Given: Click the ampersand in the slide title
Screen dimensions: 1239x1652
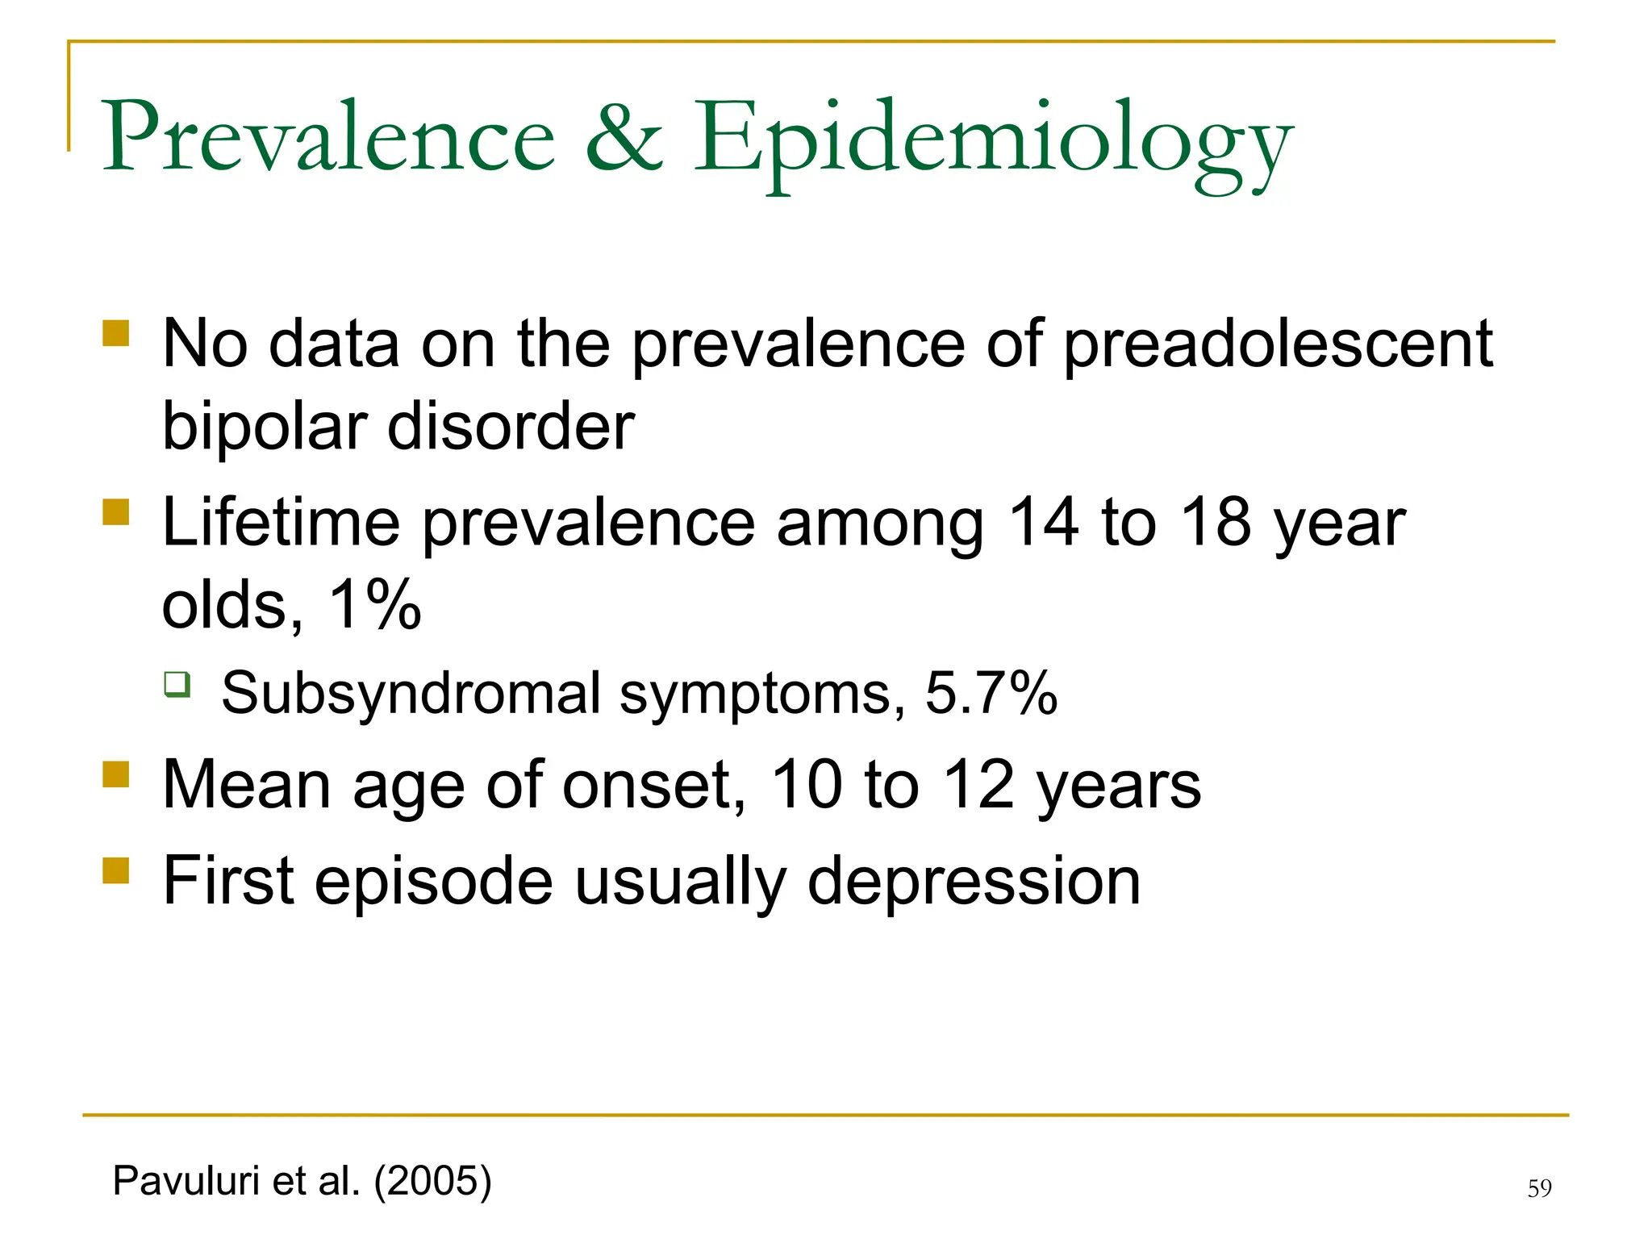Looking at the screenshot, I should (x=623, y=137).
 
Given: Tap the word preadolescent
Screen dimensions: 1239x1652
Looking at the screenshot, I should (x=1278, y=345).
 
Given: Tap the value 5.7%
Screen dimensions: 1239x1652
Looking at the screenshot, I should (x=991, y=693).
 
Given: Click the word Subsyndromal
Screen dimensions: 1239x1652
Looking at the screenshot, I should (x=411, y=694).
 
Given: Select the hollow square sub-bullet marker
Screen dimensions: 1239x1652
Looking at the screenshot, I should (x=177, y=684).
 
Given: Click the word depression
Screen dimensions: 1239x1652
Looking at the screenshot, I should (x=974, y=882).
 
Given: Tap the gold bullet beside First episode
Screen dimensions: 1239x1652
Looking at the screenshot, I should (x=116, y=870).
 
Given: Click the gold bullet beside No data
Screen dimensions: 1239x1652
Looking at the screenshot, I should (x=116, y=333).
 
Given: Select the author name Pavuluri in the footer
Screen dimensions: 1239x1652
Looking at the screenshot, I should (x=187, y=1181).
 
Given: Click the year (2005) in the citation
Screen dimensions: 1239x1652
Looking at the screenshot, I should (x=432, y=1181).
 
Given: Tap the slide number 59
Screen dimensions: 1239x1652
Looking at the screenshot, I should (x=1539, y=1188).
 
